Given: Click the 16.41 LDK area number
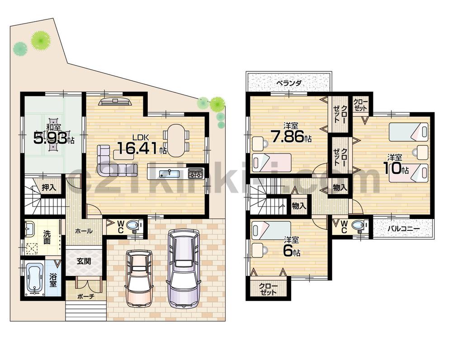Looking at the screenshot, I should click(x=138, y=148).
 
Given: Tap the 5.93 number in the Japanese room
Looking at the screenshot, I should click(x=51, y=137).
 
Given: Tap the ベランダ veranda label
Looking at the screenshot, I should click(x=289, y=83).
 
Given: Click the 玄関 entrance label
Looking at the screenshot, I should click(x=84, y=261).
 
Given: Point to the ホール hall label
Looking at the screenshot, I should click(x=84, y=231).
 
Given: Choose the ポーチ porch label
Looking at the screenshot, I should click(x=85, y=296).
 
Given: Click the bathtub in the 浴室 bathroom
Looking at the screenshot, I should click(x=34, y=278).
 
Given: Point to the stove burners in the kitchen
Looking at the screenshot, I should click(x=196, y=173).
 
